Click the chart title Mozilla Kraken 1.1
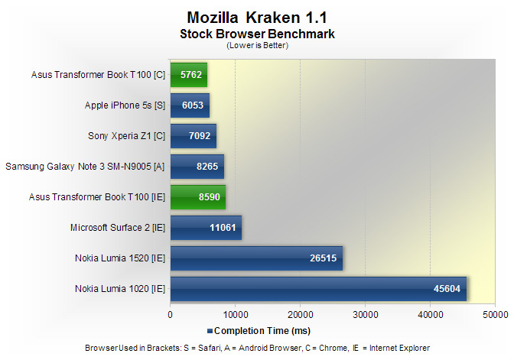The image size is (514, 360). click(257, 17)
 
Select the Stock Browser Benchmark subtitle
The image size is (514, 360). click(257, 34)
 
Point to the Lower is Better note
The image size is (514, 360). click(257, 45)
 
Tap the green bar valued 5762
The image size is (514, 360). click(189, 75)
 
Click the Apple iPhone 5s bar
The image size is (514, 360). click(190, 105)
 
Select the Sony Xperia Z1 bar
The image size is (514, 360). click(194, 136)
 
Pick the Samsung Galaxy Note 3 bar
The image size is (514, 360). click(197, 166)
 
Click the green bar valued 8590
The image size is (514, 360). click(198, 196)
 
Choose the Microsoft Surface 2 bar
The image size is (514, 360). click(207, 227)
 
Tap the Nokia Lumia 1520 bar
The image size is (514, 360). click(256, 258)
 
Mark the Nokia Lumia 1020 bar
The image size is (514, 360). click(318, 289)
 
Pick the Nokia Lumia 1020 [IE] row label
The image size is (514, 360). click(120, 289)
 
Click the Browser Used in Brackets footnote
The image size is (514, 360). click(257, 348)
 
